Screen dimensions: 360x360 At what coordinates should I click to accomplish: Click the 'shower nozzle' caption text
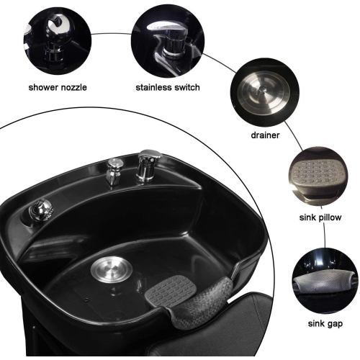[58, 87]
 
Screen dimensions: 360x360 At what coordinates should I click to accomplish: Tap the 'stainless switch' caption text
[168, 87]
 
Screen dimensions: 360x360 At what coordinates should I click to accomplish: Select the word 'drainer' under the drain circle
[265, 135]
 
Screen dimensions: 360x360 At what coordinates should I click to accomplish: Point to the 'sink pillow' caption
[320, 217]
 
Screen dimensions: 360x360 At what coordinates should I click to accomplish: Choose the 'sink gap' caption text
[325, 324]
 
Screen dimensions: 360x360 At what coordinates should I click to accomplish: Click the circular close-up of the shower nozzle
[58, 40]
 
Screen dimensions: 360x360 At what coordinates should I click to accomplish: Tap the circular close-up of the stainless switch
[168, 41]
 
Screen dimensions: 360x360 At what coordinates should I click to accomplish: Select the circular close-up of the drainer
[265, 92]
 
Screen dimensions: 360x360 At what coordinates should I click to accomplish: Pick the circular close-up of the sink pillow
[318, 176]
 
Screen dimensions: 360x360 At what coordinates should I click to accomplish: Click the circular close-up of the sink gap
[325, 281]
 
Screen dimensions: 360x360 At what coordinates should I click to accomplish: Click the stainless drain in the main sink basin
[112, 269]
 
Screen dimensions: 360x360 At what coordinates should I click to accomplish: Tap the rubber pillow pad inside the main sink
[171, 290]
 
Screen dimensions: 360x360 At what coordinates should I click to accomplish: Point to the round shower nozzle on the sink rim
[41, 210]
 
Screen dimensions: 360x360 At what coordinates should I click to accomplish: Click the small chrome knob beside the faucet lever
[114, 171]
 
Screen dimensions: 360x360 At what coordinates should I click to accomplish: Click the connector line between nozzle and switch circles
[112, 34]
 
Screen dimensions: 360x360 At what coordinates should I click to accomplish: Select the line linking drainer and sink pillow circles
[293, 136]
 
